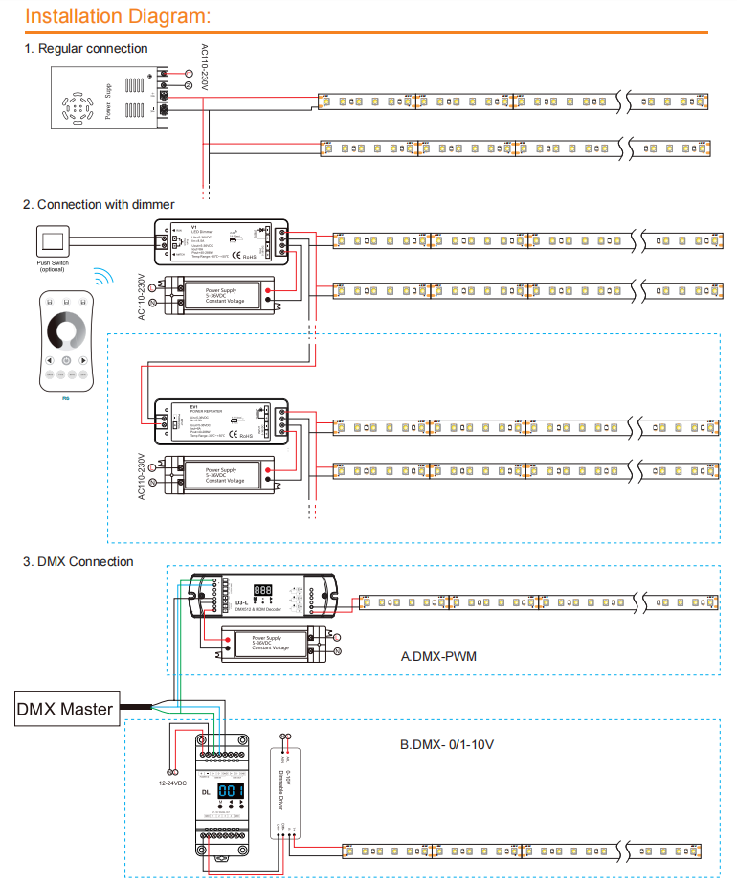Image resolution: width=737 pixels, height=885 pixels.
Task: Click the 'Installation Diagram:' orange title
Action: [x=118, y=16]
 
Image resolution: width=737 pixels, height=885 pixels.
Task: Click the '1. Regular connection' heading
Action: [x=86, y=48]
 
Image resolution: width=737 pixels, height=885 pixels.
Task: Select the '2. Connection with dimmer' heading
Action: [x=99, y=204]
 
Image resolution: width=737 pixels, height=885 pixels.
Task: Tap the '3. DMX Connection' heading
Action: [x=78, y=561]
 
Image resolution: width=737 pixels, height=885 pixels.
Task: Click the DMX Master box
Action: [x=65, y=710]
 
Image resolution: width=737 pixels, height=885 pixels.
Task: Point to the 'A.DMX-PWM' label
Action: [x=439, y=657]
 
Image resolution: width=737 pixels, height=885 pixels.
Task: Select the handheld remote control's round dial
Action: [x=66, y=331]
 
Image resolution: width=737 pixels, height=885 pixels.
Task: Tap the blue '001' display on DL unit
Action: [x=231, y=790]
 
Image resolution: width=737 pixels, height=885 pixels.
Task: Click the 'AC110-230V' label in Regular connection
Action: [x=204, y=68]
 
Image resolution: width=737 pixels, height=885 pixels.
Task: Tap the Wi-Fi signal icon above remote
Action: [x=102, y=279]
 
